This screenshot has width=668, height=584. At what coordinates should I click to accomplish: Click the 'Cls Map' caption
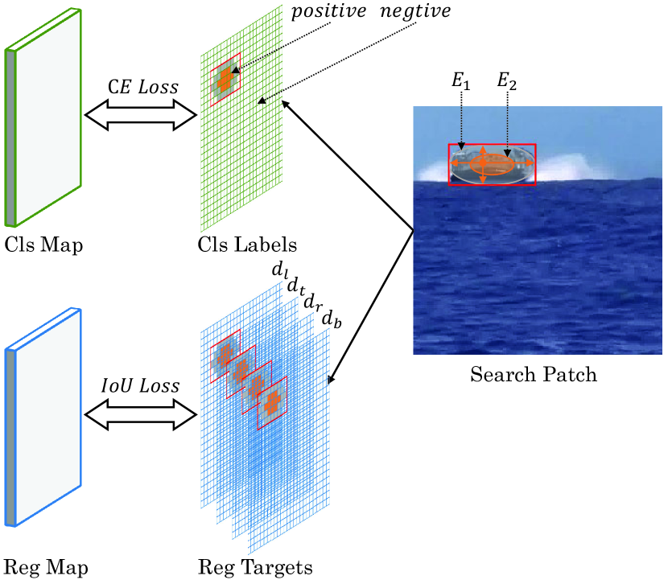pos(43,244)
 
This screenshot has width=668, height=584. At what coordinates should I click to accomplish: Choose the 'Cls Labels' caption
pos(248,244)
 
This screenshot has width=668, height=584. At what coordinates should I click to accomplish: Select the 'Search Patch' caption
pos(534,375)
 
